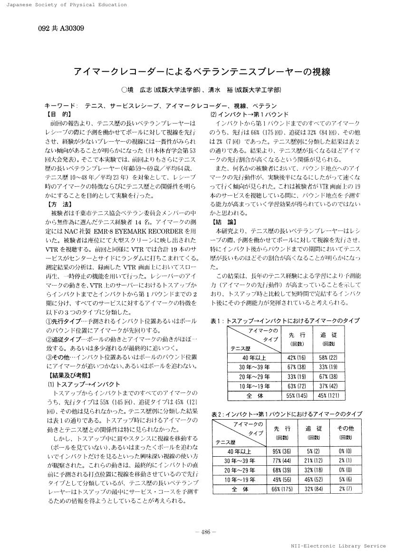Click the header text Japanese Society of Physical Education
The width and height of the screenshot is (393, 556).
64,5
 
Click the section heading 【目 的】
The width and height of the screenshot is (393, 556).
58,114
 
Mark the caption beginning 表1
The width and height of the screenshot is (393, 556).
285,321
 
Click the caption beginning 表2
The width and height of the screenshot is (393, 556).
287,414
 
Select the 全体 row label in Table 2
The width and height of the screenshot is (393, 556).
240,489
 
